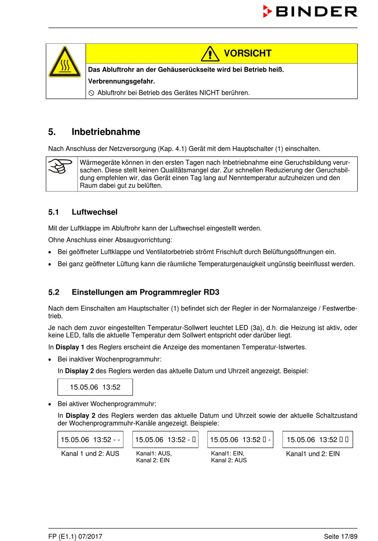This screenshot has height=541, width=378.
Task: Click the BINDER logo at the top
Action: (310, 12)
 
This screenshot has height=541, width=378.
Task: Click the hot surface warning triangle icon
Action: (65, 62)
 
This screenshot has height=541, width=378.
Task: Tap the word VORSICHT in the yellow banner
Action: (247, 53)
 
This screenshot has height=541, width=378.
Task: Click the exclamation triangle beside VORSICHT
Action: (210, 54)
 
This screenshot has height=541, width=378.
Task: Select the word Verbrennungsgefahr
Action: (121, 81)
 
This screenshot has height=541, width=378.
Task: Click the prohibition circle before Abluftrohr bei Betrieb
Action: (91, 93)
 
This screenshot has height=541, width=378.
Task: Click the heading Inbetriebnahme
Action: (106, 132)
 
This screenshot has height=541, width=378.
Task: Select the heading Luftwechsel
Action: (94, 212)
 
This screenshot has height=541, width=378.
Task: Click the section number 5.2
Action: (54, 292)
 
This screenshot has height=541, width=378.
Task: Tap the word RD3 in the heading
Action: (211, 292)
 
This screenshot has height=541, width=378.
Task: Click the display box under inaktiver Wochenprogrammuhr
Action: (95, 387)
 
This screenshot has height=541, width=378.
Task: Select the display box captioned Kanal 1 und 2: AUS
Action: (90, 439)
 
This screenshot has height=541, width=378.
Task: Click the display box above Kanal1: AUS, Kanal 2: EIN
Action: (165, 439)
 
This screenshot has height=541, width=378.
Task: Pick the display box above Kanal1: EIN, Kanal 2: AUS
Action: (240, 439)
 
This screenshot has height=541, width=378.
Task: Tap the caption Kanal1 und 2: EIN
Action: (313, 454)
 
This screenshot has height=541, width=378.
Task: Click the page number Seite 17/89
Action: (340, 536)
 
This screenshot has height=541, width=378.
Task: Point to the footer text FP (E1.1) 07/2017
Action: (75, 536)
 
